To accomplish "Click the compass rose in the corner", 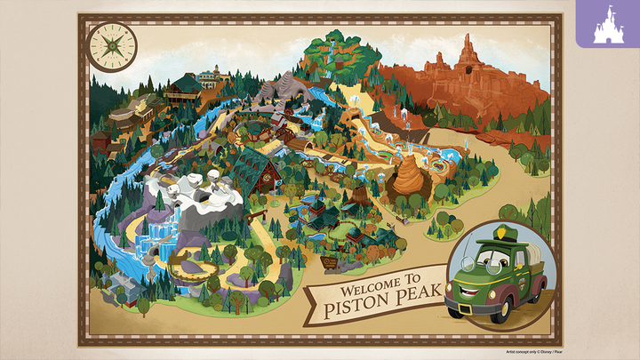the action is (113, 45).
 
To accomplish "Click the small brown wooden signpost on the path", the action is (329, 261).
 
